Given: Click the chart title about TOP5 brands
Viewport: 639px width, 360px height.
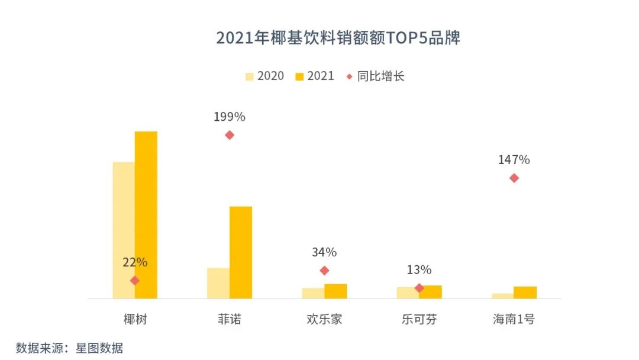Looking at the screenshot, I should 338,38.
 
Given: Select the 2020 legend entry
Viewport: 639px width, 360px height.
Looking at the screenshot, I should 264,76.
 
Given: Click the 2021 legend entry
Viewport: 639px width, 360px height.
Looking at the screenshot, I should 315,76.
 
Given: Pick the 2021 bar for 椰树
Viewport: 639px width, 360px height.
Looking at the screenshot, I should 146,214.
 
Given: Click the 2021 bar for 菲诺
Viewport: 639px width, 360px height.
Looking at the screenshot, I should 241,252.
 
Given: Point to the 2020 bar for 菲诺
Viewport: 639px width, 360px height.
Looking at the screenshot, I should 218,283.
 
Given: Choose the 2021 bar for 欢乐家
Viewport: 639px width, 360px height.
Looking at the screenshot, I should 335,291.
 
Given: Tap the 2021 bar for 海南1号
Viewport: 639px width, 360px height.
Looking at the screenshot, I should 525,292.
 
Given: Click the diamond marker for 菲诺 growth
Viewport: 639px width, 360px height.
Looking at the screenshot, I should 230,135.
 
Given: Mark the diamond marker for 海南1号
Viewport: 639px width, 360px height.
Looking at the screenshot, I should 514,178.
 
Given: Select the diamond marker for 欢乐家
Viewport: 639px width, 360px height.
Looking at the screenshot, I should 324,271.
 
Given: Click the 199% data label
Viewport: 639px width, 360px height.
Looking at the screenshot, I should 230,117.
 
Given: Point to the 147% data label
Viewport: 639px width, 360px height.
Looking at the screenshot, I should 514,160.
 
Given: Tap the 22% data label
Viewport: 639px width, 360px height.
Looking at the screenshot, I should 135,262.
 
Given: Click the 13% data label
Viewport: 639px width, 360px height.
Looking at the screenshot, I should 419,270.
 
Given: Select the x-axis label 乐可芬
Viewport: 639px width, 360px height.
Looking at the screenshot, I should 419,320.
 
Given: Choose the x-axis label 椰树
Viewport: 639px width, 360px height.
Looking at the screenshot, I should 135,320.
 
